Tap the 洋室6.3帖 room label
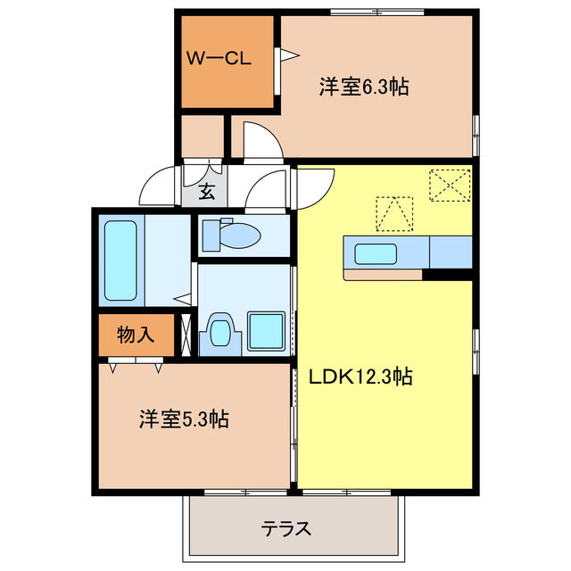coord(364,87)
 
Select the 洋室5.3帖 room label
coord(183,418)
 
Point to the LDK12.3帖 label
coord(360,377)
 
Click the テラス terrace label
coord(286,528)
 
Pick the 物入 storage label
coord(136,335)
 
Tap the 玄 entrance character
coord(206,190)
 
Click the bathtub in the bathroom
coord(120,260)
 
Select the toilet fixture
coord(230,236)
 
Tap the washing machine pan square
coord(265,331)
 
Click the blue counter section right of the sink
coord(451,252)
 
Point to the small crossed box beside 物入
coord(186,335)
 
